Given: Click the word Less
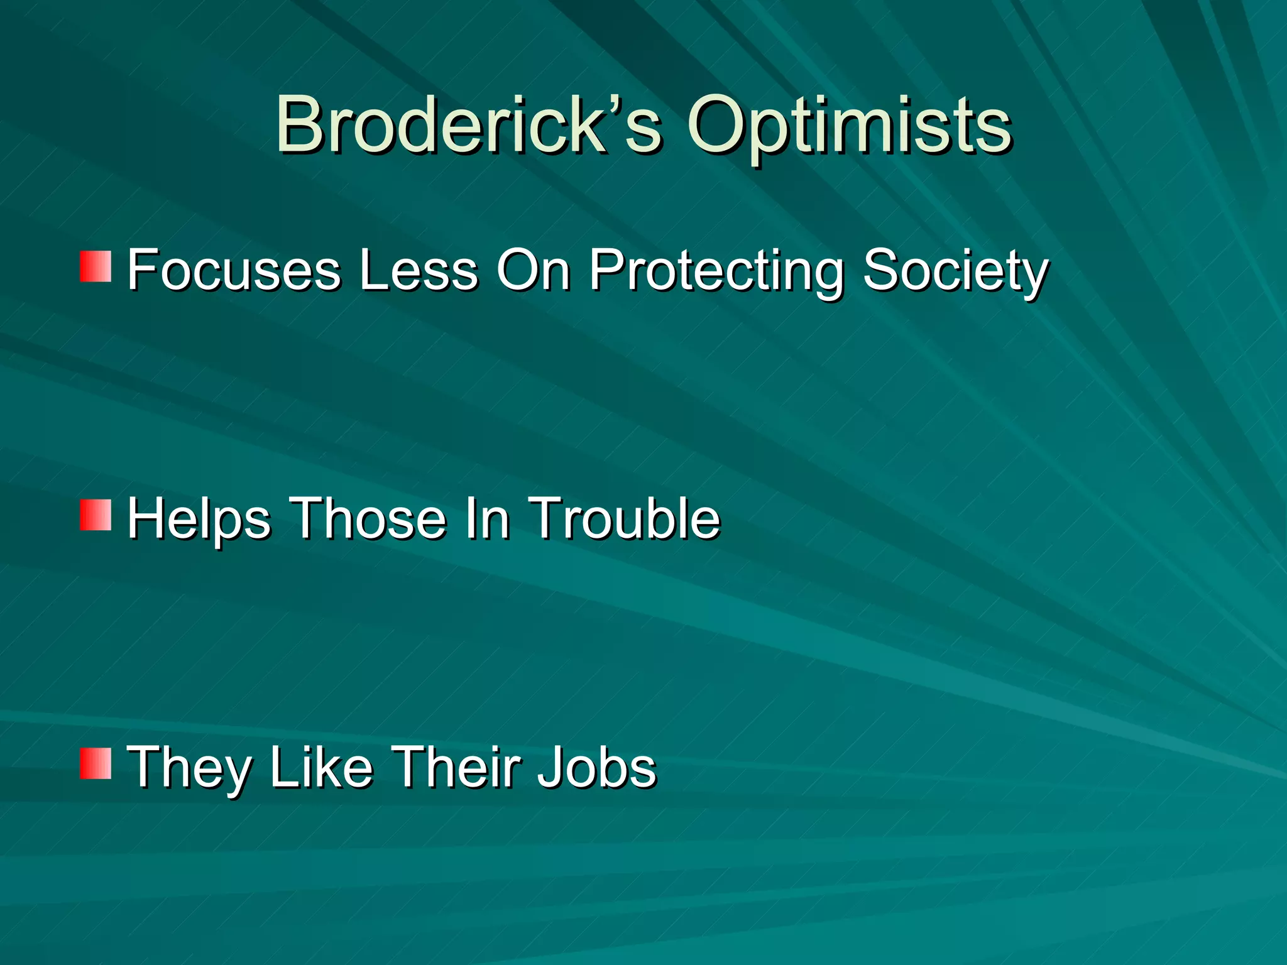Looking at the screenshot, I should pos(419,270).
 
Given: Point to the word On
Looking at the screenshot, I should pos(534,270).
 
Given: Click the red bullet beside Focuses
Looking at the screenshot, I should pos(96,266).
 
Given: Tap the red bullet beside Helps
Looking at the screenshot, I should pos(96,515).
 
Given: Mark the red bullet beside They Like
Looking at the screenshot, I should pos(96,763).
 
